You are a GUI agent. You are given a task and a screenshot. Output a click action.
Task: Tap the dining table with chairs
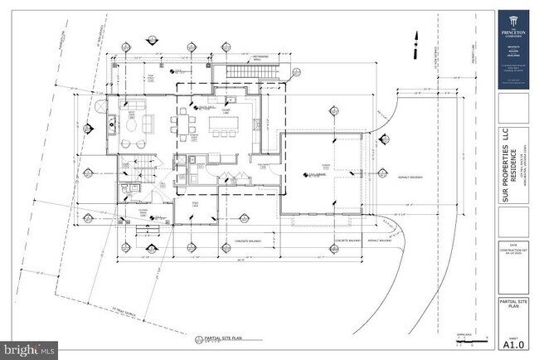[184, 125]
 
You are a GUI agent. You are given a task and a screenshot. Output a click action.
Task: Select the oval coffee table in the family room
[132, 129]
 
